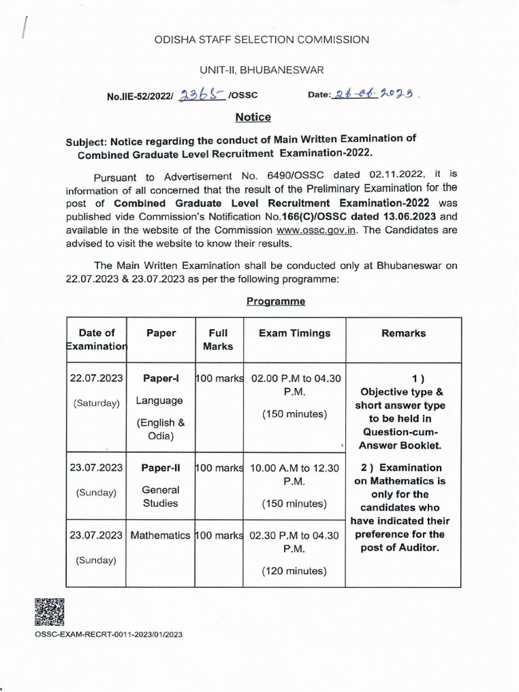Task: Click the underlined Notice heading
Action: click(x=253, y=118)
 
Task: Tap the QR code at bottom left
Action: click(x=49, y=612)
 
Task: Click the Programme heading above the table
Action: click(x=276, y=301)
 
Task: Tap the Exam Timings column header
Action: click(x=295, y=333)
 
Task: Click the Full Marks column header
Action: click(x=218, y=339)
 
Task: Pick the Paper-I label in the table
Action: click(x=159, y=378)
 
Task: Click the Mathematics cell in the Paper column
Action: click(x=160, y=535)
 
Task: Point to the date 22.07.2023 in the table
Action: click(x=96, y=378)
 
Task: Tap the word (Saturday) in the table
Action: click(x=96, y=403)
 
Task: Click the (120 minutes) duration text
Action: click(x=295, y=571)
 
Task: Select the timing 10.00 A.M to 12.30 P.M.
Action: click(x=295, y=474)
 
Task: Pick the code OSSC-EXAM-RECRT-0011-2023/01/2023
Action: click(x=108, y=635)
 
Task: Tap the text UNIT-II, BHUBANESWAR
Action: click(x=261, y=70)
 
